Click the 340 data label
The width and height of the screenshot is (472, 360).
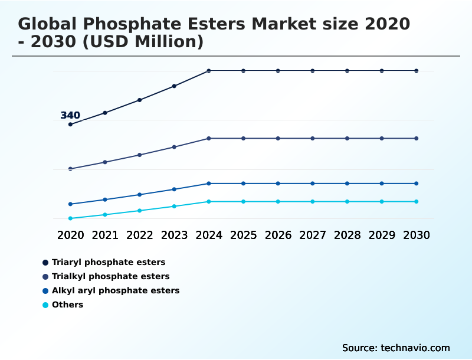(70, 115)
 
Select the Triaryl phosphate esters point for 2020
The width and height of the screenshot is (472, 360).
(70, 125)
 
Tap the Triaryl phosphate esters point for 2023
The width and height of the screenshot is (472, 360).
(174, 86)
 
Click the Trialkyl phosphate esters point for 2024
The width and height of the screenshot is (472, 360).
(209, 138)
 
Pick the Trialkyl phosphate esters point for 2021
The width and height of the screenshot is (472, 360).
(105, 162)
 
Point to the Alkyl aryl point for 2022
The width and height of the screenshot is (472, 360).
(140, 194)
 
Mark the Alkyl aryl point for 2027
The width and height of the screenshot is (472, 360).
(313, 184)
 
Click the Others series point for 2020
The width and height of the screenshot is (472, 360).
(70, 218)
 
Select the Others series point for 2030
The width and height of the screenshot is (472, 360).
(416, 202)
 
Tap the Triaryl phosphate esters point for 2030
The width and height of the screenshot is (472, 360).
(416, 71)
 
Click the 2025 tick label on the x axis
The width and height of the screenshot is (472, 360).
(243, 235)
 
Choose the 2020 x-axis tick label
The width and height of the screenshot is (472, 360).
(70, 235)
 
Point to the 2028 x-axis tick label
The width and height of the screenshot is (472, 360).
(347, 235)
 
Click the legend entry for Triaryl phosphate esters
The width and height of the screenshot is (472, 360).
(108, 262)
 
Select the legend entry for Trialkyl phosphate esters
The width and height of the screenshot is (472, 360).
(110, 276)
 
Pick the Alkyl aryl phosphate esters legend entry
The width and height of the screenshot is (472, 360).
(115, 290)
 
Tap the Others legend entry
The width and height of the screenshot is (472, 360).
(67, 305)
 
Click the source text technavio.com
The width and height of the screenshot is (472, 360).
(415, 348)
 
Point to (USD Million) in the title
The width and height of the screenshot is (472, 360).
(145, 42)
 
